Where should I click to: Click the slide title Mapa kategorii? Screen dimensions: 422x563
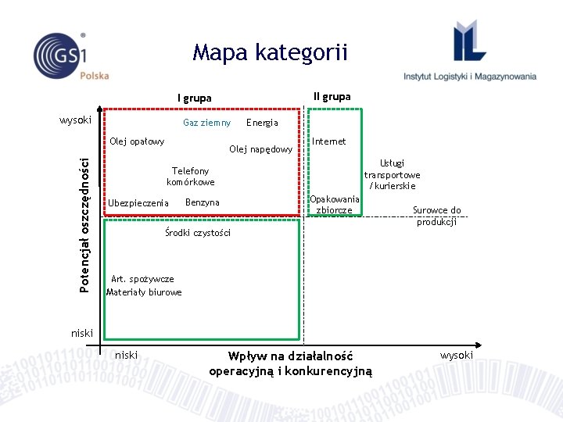pos(270,53)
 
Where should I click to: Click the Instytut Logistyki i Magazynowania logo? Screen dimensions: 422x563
pos(470,55)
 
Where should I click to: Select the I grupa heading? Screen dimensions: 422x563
pos(194,98)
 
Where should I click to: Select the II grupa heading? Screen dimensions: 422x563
pos(332,97)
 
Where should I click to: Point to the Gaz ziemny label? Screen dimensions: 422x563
pos(206,123)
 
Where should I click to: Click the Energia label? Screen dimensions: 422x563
pos(262,123)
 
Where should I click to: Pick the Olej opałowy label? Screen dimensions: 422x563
pos(137,141)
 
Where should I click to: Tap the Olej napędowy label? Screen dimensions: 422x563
pos(260,149)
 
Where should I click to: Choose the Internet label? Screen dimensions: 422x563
pos(329,141)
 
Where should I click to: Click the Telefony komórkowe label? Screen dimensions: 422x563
pos(190,177)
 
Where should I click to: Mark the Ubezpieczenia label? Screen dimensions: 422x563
pos(138,203)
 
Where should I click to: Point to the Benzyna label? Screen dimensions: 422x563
pos(202,202)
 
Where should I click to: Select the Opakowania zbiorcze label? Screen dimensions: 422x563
pos(335,205)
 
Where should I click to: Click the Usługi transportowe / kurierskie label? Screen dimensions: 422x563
pos(392,174)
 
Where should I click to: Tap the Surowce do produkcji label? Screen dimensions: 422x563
pos(436,216)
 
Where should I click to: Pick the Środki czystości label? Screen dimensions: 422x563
pos(197,233)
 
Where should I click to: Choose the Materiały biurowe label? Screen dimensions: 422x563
pos(144,292)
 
